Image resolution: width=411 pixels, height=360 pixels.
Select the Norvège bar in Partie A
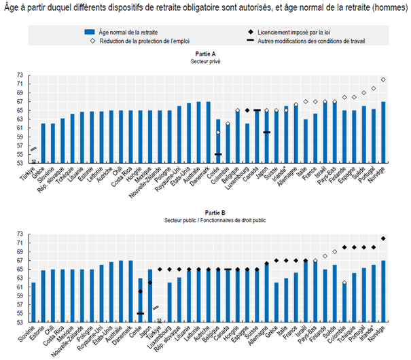(x=385, y=130)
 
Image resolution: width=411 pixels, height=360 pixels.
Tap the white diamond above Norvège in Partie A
(x=385, y=79)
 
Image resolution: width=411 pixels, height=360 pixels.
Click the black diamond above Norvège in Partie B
(x=385, y=238)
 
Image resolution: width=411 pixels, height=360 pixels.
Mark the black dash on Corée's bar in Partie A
(x=217, y=154)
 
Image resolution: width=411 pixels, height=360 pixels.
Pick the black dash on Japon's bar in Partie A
(x=266, y=132)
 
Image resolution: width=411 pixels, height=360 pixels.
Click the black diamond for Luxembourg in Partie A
(x=247, y=110)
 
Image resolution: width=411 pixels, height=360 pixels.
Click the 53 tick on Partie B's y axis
(x=29, y=321)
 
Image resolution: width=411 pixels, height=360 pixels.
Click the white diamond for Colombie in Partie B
(x=345, y=283)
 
